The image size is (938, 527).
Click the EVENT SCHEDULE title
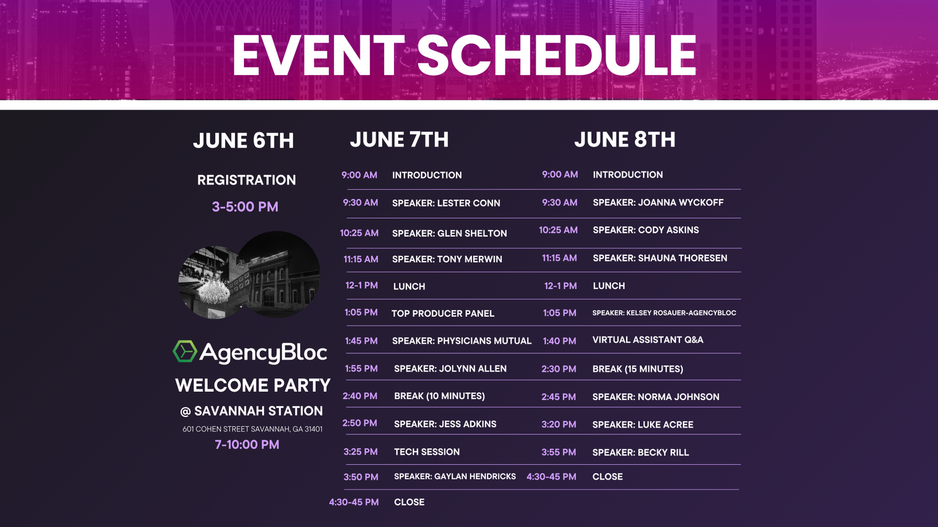pyautogui.click(x=464, y=56)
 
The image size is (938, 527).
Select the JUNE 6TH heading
pyautogui.click(x=243, y=141)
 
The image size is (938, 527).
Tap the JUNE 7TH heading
pyautogui.click(x=399, y=140)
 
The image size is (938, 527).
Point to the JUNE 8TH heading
pyautogui.click(x=624, y=140)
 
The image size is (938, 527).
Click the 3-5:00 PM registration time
pyautogui.click(x=245, y=207)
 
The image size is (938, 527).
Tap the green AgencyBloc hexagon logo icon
pyautogui.click(x=185, y=351)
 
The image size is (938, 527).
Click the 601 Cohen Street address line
pyautogui.click(x=252, y=429)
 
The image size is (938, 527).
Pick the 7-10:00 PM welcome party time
pyautogui.click(x=247, y=444)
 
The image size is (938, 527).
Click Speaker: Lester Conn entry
pyautogui.click(x=446, y=203)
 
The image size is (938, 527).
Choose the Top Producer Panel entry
pyautogui.click(x=443, y=313)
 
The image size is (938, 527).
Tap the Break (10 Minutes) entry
pyautogui.click(x=439, y=396)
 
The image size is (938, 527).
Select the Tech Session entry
pyautogui.click(x=427, y=452)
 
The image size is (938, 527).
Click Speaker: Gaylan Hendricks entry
pyautogui.click(x=454, y=477)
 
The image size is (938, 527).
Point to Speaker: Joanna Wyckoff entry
pyautogui.click(x=658, y=203)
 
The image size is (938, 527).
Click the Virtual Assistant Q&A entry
pyautogui.click(x=647, y=340)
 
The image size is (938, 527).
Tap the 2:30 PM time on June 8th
pyautogui.click(x=559, y=369)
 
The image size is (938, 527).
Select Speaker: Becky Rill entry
pyautogui.click(x=640, y=453)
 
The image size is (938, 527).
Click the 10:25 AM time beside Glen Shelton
pyautogui.click(x=359, y=233)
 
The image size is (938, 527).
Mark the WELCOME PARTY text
pyautogui.click(x=253, y=385)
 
